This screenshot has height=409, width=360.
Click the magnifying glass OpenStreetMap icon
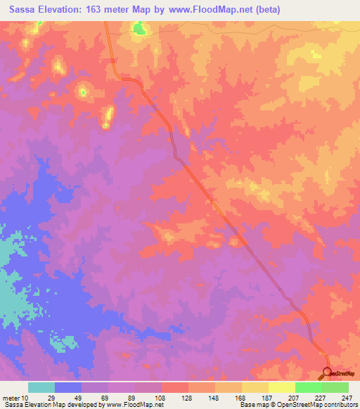click(x=327, y=373)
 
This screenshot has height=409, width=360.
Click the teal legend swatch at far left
click(x=41, y=387)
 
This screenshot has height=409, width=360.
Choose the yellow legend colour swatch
click(x=281, y=387)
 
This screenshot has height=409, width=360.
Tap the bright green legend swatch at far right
click(x=335, y=387)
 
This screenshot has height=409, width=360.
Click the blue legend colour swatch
click(x=68, y=387)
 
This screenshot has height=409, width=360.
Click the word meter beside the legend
click(x=12, y=398)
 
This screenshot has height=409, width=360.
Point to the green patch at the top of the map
click(x=139, y=28)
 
